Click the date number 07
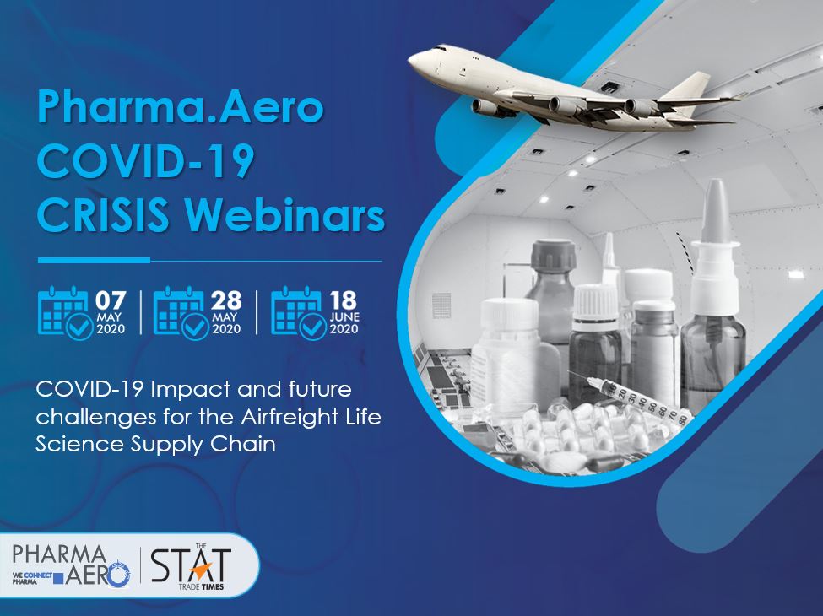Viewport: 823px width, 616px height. coord(111,300)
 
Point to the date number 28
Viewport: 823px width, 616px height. coord(226,300)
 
